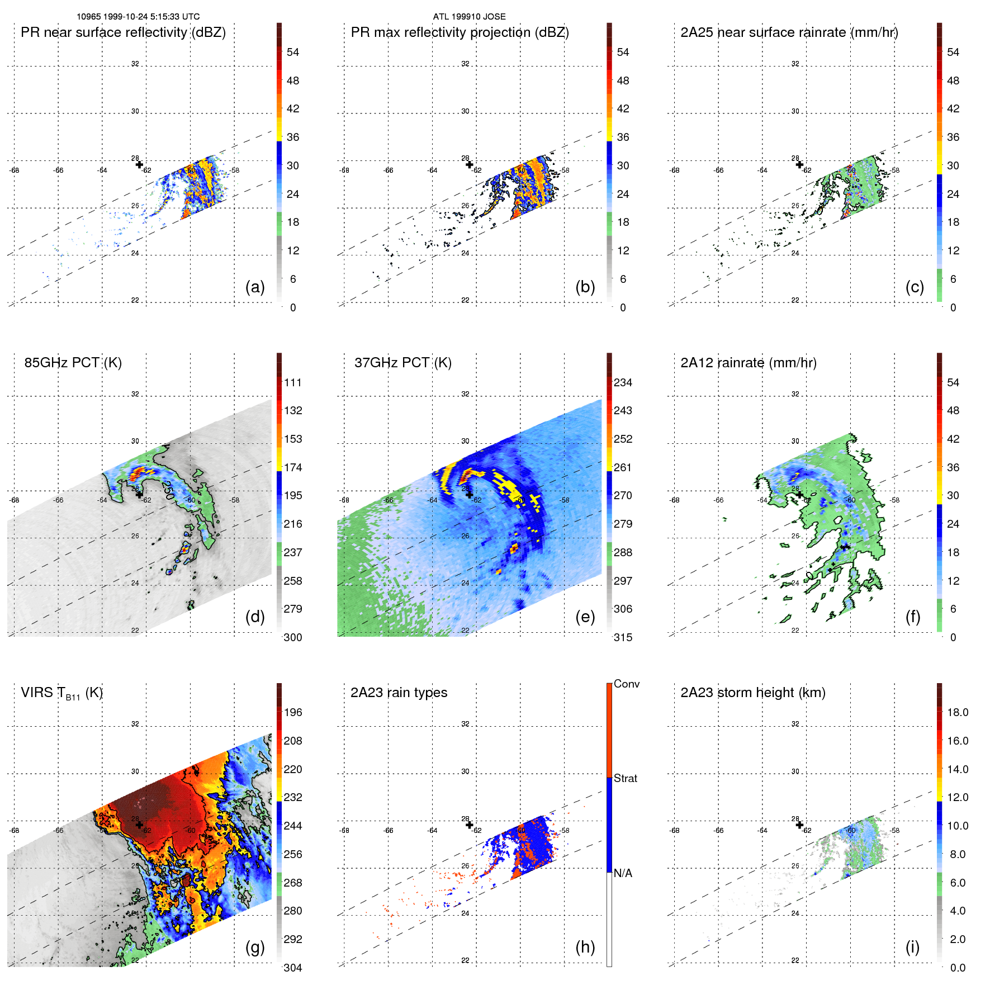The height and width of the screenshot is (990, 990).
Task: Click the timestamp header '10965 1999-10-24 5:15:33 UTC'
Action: (x=138, y=17)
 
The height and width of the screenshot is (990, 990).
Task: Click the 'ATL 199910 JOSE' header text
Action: (x=469, y=17)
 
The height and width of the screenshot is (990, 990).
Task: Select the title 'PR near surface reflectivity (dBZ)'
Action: (x=123, y=32)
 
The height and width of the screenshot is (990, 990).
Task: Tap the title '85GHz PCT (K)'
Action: (x=73, y=363)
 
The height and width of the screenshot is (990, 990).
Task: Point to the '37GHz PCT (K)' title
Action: (x=402, y=363)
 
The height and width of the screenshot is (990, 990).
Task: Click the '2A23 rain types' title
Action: (x=399, y=693)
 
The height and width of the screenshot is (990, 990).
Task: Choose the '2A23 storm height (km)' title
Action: (x=752, y=693)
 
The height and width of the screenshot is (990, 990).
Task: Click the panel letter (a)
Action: (x=255, y=287)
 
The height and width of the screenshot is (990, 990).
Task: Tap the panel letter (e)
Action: (x=585, y=617)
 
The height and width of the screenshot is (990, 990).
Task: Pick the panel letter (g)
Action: (x=255, y=947)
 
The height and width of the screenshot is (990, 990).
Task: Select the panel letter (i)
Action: (x=912, y=947)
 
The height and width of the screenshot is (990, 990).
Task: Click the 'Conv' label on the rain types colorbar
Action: (x=626, y=684)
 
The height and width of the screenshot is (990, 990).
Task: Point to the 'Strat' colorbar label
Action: (x=625, y=778)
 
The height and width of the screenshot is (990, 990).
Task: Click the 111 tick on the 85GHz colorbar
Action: (x=293, y=382)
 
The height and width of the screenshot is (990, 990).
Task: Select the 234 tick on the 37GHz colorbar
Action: (x=623, y=382)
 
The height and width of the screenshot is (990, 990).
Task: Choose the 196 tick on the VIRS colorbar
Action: (x=293, y=712)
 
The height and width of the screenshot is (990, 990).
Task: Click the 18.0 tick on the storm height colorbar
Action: (x=958, y=712)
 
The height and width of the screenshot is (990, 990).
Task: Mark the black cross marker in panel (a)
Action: (x=139, y=164)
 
